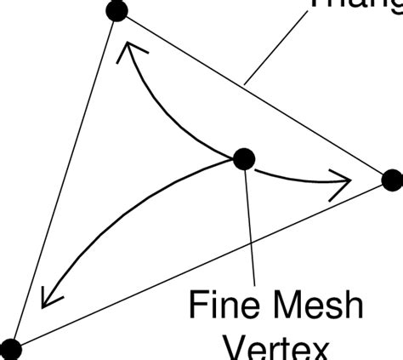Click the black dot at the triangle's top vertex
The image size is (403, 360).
[x=116, y=12]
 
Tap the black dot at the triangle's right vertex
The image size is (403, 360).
[x=391, y=180]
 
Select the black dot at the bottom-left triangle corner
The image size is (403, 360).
[x=10, y=348]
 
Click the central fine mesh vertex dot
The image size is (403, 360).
[x=244, y=157]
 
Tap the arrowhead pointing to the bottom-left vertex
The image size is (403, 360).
[x=48, y=297]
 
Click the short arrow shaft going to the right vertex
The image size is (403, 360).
[x=293, y=176]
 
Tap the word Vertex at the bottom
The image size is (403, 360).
[x=276, y=349]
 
